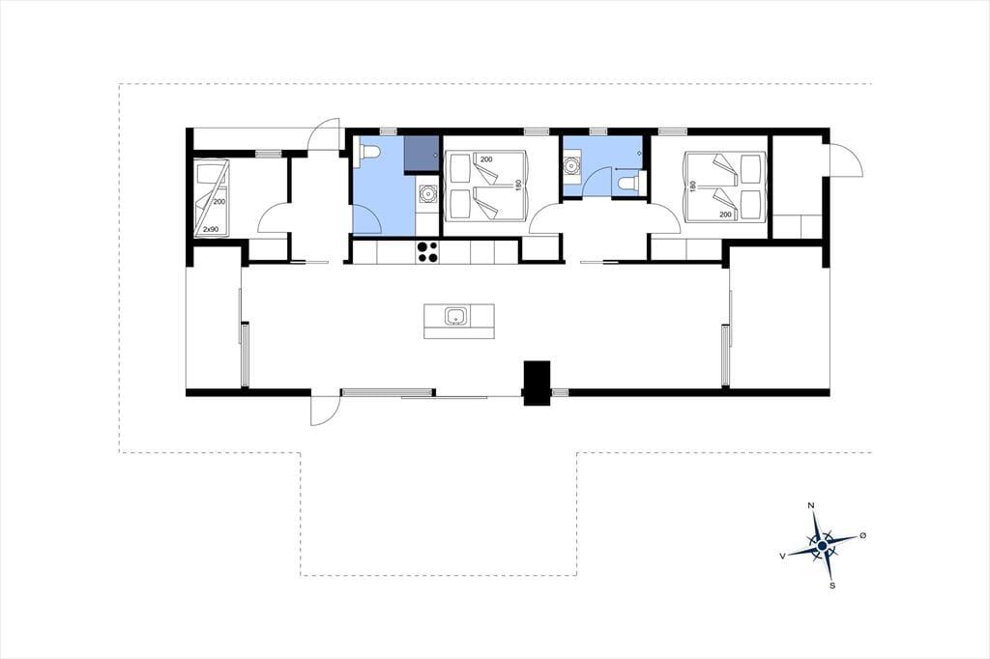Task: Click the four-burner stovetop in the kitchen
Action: (427, 252)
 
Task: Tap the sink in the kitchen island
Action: (456, 316)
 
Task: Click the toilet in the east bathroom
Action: (628, 183)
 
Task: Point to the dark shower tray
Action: (421, 152)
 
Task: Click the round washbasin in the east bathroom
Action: (572, 164)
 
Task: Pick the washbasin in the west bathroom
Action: (427, 192)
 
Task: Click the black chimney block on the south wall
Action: (538, 384)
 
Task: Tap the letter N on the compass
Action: (811, 505)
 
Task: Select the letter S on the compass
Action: (832, 586)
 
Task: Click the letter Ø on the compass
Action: (863, 535)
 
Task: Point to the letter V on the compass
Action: (783, 557)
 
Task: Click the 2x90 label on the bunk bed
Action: (210, 229)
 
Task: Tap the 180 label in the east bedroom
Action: (693, 186)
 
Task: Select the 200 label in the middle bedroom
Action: (486, 159)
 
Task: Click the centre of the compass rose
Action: (822, 545)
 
